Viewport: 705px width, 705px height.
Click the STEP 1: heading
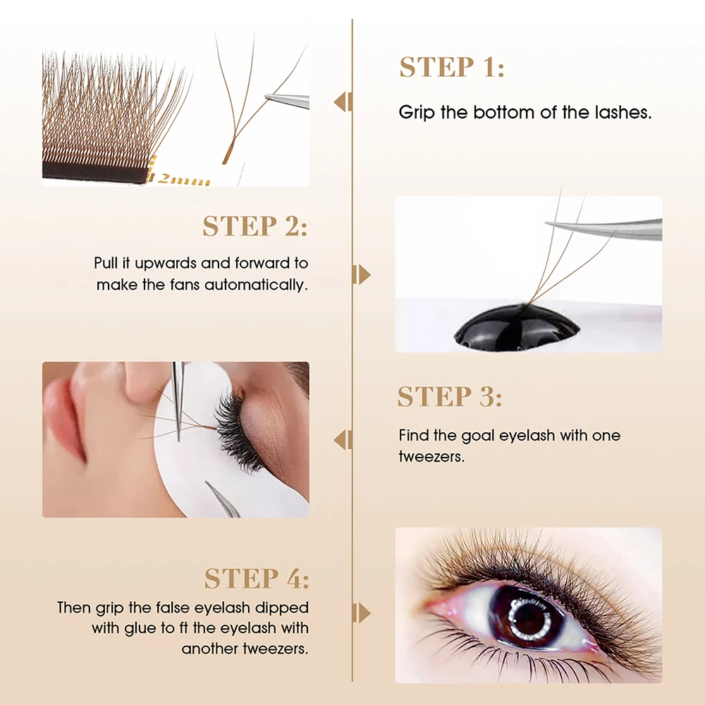pyautogui.click(x=452, y=67)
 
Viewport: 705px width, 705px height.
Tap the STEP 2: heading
pyautogui.click(x=255, y=226)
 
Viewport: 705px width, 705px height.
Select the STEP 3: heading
pyautogui.click(x=450, y=396)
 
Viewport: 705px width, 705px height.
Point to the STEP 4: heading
pyautogui.click(x=257, y=578)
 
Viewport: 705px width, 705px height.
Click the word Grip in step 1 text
pyautogui.click(x=417, y=112)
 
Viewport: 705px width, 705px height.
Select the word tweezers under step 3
pyautogui.click(x=431, y=457)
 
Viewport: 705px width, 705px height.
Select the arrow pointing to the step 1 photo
pyautogui.click(x=343, y=102)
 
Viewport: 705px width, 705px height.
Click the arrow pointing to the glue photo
pyautogui.click(x=362, y=275)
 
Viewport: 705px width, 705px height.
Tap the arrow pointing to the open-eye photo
pyautogui.click(x=362, y=613)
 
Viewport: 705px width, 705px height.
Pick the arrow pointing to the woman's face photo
pyautogui.click(x=343, y=439)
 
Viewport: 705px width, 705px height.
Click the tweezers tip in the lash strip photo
pyautogui.click(x=266, y=96)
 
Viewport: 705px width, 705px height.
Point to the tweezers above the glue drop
pyautogui.click(x=603, y=229)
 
